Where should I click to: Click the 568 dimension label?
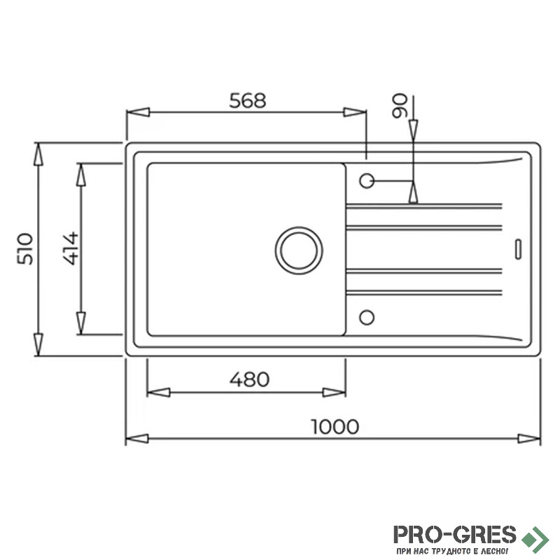pos(248,101)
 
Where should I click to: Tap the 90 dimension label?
pos(400,106)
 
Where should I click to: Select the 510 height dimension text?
pos(25,249)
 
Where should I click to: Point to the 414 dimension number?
pos(71,248)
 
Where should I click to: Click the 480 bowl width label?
pos(249,379)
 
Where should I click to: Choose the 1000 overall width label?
pos(335,426)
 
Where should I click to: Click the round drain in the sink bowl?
pos(299,251)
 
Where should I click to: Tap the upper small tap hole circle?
pos(367,181)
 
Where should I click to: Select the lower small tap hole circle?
pos(367,318)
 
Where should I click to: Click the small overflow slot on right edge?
pos(518,249)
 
